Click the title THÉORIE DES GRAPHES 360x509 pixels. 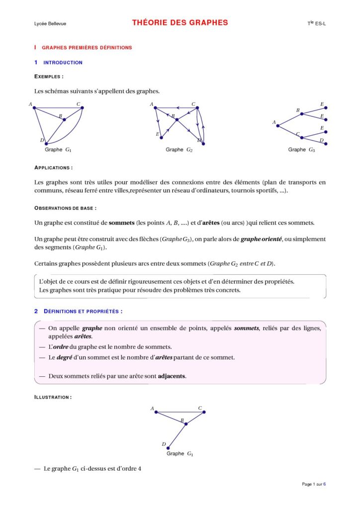coord(180,22)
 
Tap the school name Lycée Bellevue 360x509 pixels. coord(43,23)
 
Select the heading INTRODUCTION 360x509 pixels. coord(63,63)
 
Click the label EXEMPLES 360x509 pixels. coord(49,77)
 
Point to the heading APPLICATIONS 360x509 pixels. coord(54,168)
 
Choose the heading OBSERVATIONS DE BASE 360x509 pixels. coord(65,208)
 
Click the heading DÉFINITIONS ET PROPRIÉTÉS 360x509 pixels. coord(83,311)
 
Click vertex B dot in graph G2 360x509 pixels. coord(177,120)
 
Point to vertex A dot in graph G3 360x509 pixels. coord(278,125)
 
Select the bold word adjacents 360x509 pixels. coord(172,376)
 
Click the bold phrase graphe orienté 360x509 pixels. coord(261,239)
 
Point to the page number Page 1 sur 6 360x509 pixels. coord(314,484)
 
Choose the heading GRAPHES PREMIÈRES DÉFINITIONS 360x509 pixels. coord(87,48)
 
